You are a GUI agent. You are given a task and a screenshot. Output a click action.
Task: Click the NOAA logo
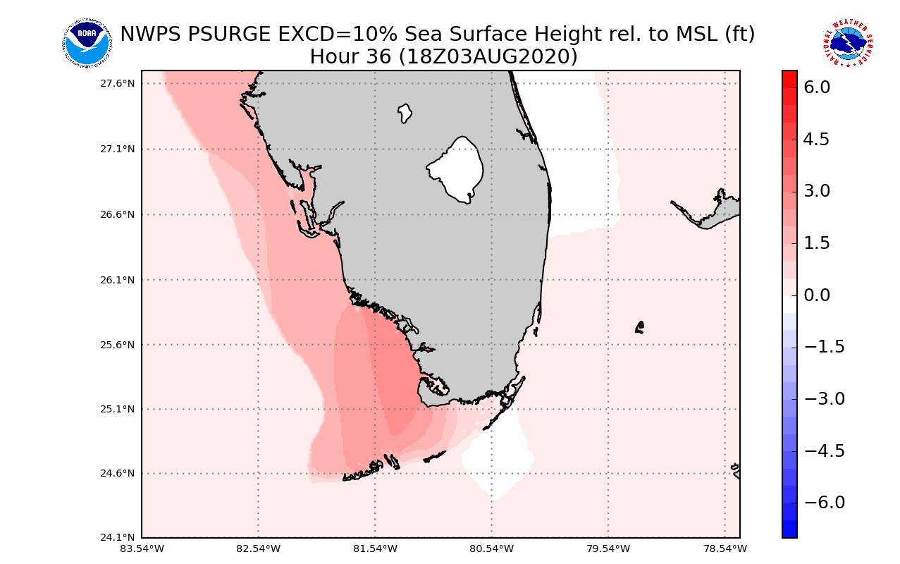click(x=87, y=43)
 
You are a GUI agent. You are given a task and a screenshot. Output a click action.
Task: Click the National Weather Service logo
click(x=848, y=43)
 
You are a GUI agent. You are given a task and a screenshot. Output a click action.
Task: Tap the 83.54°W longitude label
click(x=142, y=548)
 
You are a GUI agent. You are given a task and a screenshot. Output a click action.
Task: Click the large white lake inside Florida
click(x=457, y=169)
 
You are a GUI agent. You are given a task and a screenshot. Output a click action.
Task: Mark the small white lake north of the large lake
click(x=405, y=113)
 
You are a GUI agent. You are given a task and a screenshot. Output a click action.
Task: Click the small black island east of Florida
click(x=639, y=327)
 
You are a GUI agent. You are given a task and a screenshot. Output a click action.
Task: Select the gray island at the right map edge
click(x=719, y=209)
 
